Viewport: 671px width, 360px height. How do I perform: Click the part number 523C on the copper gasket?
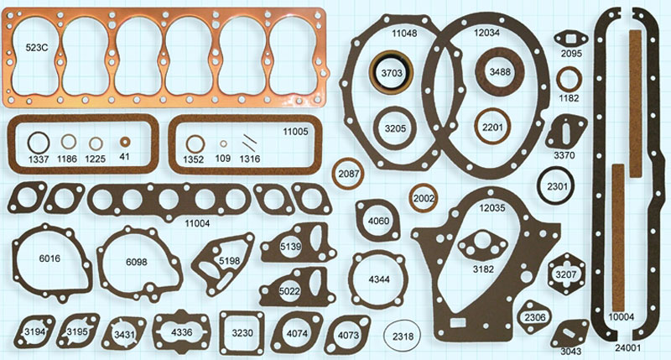coord(36,48)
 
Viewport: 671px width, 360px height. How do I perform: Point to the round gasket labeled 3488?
coord(481,70)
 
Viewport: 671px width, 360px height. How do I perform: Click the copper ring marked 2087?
coord(336,174)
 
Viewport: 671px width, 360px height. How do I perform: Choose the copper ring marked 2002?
coord(413,198)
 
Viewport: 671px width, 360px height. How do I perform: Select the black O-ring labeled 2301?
coord(540,186)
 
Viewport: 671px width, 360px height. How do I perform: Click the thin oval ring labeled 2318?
coord(384,336)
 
